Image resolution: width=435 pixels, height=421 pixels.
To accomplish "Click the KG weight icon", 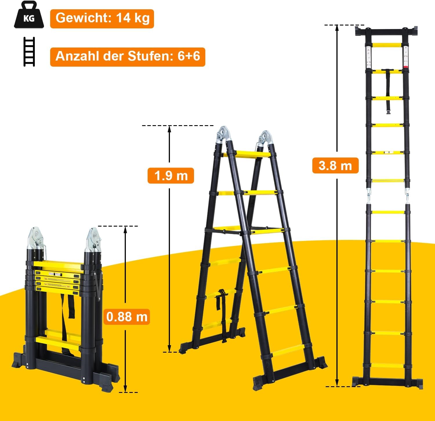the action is [x=29, y=15].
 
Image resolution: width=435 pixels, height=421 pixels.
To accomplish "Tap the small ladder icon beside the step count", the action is [x=29, y=52].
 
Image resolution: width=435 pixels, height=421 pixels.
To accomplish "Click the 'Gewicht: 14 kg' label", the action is [x=102, y=19].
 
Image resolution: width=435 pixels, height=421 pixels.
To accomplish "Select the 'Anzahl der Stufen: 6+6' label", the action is [x=128, y=57].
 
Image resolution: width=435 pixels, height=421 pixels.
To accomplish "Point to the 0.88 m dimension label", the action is [x=127, y=317].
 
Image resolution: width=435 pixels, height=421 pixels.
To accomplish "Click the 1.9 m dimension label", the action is [x=171, y=176].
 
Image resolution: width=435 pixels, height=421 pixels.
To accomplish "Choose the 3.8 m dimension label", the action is [x=335, y=165].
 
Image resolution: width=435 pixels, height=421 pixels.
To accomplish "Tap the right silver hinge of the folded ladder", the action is [x=93, y=240].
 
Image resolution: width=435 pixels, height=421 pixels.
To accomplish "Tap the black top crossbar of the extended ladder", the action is [x=387, y=31].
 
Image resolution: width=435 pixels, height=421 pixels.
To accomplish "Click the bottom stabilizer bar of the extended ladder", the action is [x=387, y=382].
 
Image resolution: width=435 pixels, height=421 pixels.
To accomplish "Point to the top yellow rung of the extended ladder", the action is [x=387, y=45].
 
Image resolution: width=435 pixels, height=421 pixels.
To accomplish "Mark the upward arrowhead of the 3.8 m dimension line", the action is [x=337, y=28].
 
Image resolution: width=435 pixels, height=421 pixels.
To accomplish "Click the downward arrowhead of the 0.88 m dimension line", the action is [x=125, y=389].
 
